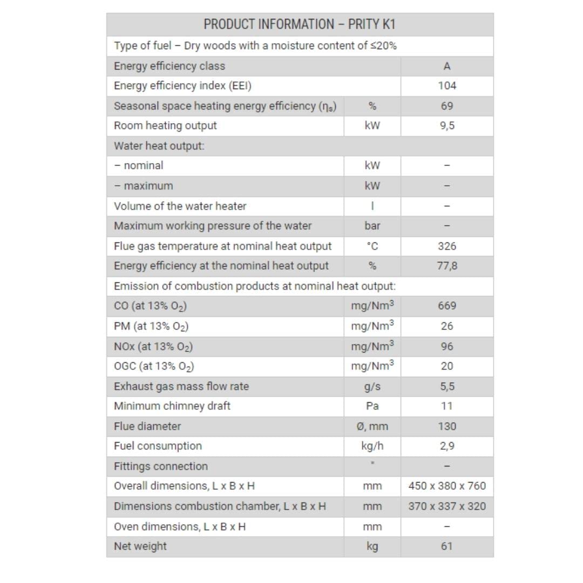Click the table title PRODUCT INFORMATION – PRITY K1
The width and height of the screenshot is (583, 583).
[300, 24]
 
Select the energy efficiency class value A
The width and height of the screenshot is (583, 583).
[447, 66]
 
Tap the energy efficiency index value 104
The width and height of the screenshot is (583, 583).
[447, 86]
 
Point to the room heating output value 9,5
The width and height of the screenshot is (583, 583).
[447, 126]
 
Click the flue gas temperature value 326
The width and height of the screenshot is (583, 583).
[447, 246]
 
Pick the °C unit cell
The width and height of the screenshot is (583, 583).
[372, 246]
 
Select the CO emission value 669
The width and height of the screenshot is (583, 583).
[447, 306]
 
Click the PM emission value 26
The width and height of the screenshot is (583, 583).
[447, 326]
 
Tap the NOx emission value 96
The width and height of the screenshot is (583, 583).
[447, 346]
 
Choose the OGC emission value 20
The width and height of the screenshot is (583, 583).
[447, 366]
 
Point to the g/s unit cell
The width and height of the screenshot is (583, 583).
[372, 387]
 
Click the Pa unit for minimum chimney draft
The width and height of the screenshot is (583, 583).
[372, 406]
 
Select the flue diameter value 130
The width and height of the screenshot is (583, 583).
[447, 426]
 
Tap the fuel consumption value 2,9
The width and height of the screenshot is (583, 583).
[447, 446]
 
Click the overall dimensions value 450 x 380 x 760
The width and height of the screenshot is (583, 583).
[447, 486]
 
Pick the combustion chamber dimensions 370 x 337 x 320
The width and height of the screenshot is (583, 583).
[447, 506]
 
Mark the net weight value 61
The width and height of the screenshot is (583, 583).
[447, 546]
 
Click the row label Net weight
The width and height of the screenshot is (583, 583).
[140, 546]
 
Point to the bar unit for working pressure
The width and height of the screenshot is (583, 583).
[372, 226]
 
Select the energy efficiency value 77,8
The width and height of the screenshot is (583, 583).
[447, 266]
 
